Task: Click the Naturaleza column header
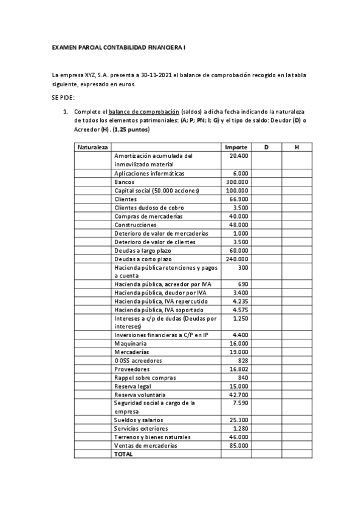tap(93, 148)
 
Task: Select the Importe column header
tap(236, 148)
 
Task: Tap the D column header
tap(266, 148)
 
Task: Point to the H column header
tap(296, 148)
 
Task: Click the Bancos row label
tap(125, 182)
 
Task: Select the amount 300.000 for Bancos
tap(236, 182)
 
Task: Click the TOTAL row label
tap(123, 454)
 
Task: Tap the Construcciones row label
tap(135, 224)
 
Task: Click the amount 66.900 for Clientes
tap(238, 199)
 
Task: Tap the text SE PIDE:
tap(64, 97)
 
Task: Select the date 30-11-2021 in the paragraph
tap(155, 75)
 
